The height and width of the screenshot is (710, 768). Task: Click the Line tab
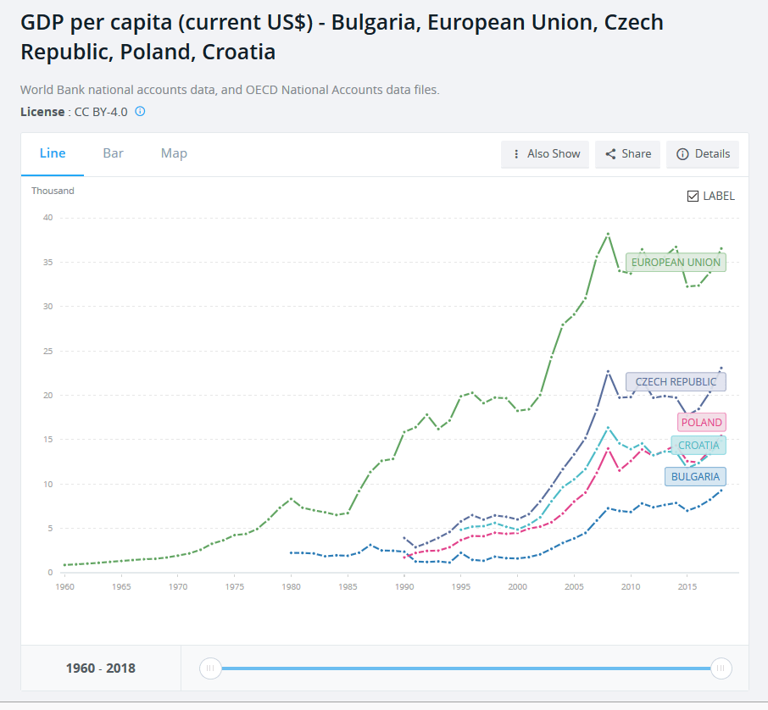pyautogui.click(x=53, y=153)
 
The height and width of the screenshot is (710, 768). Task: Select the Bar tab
pyautogui.click(x=113, y=153)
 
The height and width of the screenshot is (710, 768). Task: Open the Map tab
pyautogui.click(x=174, y=153)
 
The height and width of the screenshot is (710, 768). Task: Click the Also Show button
pyautogui.click(x=545, y=154)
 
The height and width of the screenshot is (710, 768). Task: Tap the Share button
pyautogui.click(x=628, y=154)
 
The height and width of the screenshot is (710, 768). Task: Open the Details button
pyautogui.click(x=703, y=154)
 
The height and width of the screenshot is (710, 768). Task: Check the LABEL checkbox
pyautogui.click(x=693, y=197)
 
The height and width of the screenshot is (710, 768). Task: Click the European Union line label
pyautogui.click(x=676, y=263)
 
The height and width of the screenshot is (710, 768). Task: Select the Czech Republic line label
pyautogui.click(x=676, y=382)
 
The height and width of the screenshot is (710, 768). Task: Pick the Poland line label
pyautogui.click(x=701, y=423)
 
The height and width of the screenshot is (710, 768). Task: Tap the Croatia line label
pyautogui.click(x=698, y=446)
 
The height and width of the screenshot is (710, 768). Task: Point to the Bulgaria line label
pyautogui.click(x=695, y=477)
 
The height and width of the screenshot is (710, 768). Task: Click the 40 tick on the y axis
pyautogui.click(x=47, y=218)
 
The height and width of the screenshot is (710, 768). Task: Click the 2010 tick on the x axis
pyautogui.click(x=631, y=586)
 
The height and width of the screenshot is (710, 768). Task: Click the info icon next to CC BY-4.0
pyautogui.click(x=141, y=111)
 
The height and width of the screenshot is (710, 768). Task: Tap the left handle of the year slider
pyautogui.click(x=209, y=668)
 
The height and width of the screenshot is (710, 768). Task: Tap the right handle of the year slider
pyautogui.click(x=721, y=668)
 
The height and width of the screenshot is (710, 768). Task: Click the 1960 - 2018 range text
pyautogui.click(x=100, y=668)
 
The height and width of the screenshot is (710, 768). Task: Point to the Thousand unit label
pyautogui.click(x=53, y=191)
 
